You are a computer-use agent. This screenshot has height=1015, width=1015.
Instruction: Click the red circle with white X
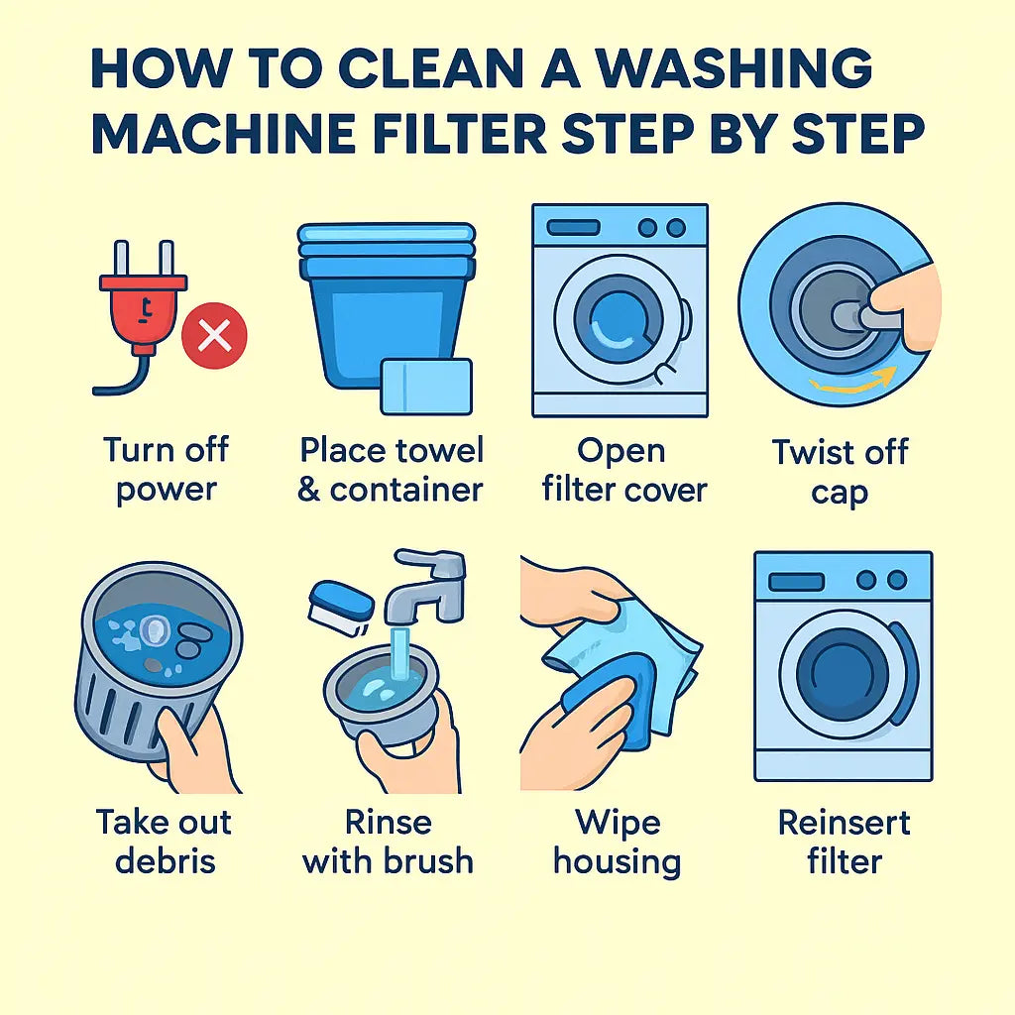point(214,336)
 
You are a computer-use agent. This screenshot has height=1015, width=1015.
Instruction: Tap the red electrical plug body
point(143,310)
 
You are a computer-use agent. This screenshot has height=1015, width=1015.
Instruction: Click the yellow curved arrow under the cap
point(853,382)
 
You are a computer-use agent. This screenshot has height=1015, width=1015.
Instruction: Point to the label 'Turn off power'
point(166,469)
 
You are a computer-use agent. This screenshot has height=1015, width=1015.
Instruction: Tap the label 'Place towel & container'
point(391,469)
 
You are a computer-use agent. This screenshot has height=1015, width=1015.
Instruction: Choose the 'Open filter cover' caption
point(623,469)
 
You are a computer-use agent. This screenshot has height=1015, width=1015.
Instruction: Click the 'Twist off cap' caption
point(841,471)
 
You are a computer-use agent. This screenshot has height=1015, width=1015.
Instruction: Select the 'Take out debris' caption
point(165,842)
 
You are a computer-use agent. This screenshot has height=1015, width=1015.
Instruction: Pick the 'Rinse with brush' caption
point(388,842)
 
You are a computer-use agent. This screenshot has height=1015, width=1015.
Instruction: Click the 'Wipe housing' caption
point(618,842)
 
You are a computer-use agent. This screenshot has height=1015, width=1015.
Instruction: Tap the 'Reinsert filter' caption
point(845,842)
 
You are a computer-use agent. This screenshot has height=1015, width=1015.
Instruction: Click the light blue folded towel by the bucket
point(426,386)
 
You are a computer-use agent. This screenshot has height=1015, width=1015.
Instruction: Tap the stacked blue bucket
point(387,304)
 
